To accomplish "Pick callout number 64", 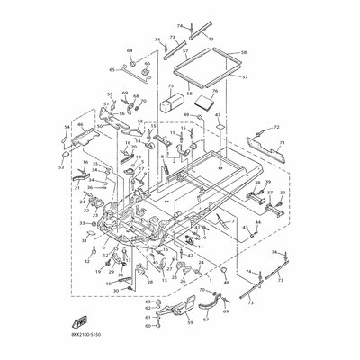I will pyautogui.click(x=130, y=51).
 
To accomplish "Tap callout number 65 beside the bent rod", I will pyautogui.click(x=112, y=68).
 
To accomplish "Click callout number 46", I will pyautogui.click(x=79, y=126).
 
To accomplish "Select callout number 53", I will pyautogui.click(x=60, y=167).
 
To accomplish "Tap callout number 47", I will pyautogui.click(x=217, y=115).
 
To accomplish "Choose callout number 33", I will pyautogui.click(x=81, y=222).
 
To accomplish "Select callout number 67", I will pyautogui.click(x=213, y=292).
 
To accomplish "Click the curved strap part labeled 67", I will pyautogui.click(x=209, y=305).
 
